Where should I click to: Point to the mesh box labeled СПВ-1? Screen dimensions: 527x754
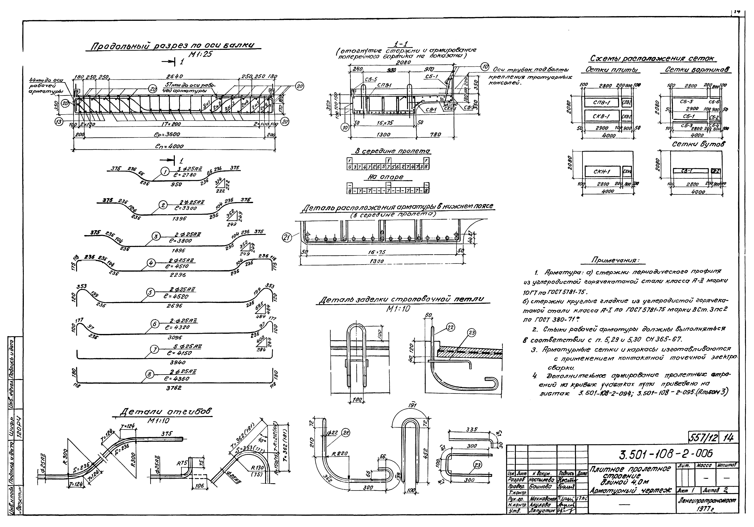(x=601, y=103)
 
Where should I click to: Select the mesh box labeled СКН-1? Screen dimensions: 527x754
(x=602, y=172)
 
